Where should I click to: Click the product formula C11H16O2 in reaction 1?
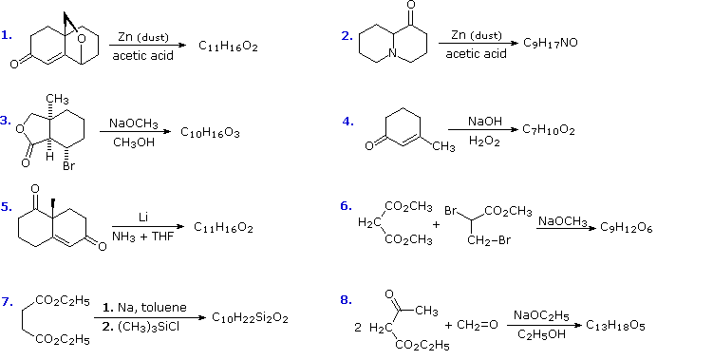[228, 46]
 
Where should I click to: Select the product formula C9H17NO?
[554, 44]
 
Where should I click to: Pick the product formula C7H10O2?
[548, 130]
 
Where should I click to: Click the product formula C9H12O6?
[625, 228]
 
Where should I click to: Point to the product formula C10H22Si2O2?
[250, 316]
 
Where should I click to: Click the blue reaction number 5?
[6, 206]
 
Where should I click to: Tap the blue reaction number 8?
[346, 300]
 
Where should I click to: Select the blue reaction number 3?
[6, 121]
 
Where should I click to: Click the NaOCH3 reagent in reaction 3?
[133, 123]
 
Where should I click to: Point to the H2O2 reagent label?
[484, 142]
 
